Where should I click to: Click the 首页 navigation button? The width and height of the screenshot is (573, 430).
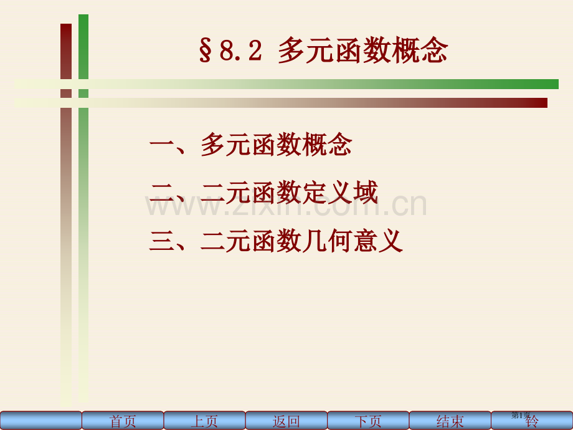[123, 421]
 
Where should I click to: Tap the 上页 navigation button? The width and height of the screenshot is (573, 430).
[204, 421]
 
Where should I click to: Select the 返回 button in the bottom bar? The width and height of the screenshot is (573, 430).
[286, 421]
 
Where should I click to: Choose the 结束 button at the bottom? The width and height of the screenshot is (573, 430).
[450, 421]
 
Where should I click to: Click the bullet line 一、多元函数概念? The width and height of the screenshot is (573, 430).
[250, 145]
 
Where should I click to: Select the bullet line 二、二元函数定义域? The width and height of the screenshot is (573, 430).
[263, 193]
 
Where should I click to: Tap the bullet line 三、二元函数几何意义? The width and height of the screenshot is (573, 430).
[276, 241]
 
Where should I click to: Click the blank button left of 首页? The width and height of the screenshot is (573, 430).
[41, 421]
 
